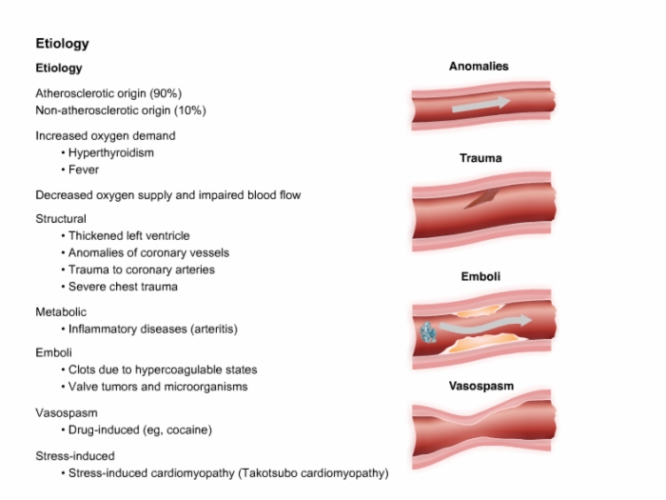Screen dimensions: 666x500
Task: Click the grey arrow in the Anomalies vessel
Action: pyautogui.click(x=480, y=104)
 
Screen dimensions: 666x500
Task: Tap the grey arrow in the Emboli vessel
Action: pyautogui.click(x=485, y=326)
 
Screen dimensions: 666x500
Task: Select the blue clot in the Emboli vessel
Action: pyautogui.click(x=428, y=332)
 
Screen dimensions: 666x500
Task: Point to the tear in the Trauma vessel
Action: pyautogui.click(x=480, y=199)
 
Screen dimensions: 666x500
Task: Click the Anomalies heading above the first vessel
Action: pyautogui.click(x=479, y=67)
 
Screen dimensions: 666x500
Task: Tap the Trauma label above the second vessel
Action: pyautogui.click(x=480, y=158)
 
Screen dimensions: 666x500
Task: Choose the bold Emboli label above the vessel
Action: pyautogui.click(x=480, y=276)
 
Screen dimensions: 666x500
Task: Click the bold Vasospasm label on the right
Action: pyautogui.click(x=481, y=386)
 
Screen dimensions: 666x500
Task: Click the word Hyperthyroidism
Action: pyautogui.click(x=111, y=152)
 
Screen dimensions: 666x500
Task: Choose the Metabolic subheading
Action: pyautogui.click(x=61, y=312)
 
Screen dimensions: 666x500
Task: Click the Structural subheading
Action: pyautogui.click(x=61, y=218)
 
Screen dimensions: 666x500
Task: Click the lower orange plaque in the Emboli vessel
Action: pyautogui.click(x=484, y=343)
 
